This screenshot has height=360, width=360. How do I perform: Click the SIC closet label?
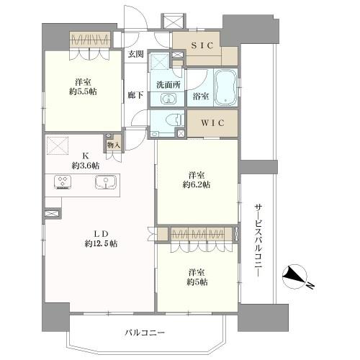coord(202,45)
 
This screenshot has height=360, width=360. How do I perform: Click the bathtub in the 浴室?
coord(225,87)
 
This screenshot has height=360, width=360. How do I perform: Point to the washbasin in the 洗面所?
coord(168,99)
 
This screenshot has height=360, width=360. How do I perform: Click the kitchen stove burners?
coord(63,181)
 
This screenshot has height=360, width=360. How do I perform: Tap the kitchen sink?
coord(105,182)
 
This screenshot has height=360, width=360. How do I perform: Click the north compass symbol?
coord(294,276)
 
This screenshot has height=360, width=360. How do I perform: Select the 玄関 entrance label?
coord(135,55)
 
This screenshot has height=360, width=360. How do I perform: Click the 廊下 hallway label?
coord(135,95)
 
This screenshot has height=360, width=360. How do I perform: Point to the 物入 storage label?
coord(114,145)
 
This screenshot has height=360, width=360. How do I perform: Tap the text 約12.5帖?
coord(101,244)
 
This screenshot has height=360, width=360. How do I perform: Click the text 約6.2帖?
coord(197,184)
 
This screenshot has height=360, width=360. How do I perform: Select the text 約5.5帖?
coord(83,91)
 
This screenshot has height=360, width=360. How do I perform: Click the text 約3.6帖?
coord(86,166)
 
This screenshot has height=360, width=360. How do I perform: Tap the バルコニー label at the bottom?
coord(145,333)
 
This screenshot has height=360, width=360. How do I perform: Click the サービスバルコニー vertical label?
coord(258,240)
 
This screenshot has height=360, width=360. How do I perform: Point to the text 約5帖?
coord(197,282)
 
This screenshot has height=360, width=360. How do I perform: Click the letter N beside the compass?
coord(310,286)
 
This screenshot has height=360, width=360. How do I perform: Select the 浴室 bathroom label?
coord(201,96)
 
